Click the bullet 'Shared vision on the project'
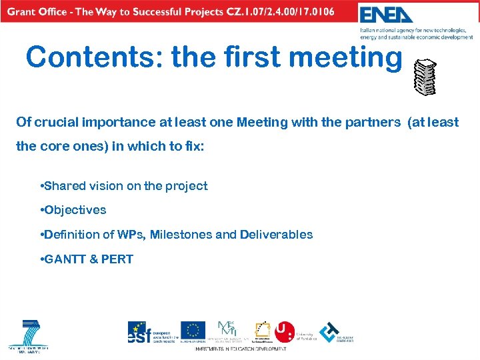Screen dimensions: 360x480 (x=125, y=186)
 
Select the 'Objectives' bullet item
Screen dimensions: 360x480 (x=75, y=210)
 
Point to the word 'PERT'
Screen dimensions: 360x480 (x=117, y=259)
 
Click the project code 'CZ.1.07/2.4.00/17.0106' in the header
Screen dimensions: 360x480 (x=276, y=11)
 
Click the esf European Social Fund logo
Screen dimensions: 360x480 (x=140, y=332)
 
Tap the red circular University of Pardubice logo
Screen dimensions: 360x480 (x=285, y=331)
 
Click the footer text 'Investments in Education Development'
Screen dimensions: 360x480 (x=241, y=349)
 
